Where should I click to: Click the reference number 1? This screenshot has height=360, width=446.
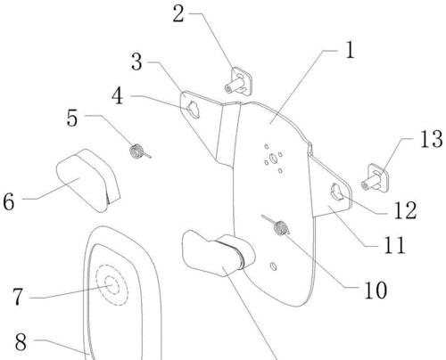(x=350, y=50)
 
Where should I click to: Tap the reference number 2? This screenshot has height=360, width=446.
(x=178, y=14)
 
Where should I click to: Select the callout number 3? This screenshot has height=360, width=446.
(x=136, y=61)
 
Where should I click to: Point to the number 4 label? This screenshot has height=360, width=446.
(x=118, y=96)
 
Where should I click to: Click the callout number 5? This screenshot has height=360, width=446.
(x=72, y=118)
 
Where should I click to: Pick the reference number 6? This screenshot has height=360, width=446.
(x=9, y=201)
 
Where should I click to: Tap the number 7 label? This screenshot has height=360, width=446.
(x=18, y=297)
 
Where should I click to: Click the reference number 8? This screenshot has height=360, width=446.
(x=21, y=342)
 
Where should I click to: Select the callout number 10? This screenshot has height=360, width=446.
(x=376, y=290)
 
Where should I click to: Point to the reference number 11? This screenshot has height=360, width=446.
(x=394, y=244)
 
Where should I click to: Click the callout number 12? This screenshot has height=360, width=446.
(x=405, y=210)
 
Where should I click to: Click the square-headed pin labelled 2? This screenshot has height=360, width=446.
(x=239, y=81)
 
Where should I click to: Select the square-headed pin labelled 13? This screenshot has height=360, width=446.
(x=376, y=177)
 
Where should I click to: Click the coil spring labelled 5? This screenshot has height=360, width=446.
(x=139, y=151)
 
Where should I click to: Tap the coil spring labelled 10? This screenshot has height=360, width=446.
(x=277, y=225)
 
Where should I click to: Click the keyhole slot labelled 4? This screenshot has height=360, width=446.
(x=194, y=109)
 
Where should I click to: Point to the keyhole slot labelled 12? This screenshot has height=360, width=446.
(x=337, y=192)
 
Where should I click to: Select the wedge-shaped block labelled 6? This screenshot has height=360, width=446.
(x=88, y=180)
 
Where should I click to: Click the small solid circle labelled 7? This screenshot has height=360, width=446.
(x=111, y=284)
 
